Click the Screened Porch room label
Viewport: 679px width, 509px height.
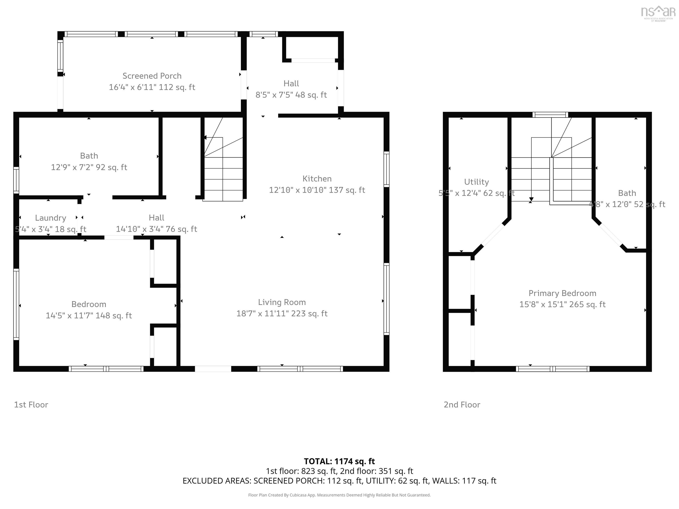click(x=152, y=76)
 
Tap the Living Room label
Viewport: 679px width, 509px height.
click(x=282, y=302)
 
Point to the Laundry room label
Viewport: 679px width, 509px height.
click(x=51, y=218)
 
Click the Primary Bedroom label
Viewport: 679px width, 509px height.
click(x=562, y=293)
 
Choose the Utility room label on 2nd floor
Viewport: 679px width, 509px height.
click(x=476, y=182)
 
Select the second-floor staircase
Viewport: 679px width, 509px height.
click(x=551, y=172)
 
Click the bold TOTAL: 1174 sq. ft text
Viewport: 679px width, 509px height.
click(x=339, y=461)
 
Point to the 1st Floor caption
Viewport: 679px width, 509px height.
click(x=31, y=405)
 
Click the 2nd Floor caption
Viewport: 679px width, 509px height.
click(x=462, y=405)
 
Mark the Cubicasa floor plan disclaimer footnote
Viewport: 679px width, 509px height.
click(x=339, y=495)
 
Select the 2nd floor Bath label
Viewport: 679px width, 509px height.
click(x=627, y=193)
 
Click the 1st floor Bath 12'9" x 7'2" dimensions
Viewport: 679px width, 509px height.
click(x=89, y=167)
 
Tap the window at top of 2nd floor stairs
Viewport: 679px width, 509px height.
click(x=550, y=115)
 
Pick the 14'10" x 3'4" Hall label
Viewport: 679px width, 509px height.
click(x=156, y=229)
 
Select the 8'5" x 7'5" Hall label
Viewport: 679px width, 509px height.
click(x=291, y=95)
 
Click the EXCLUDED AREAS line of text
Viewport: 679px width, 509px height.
click(x=339, y=481)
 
